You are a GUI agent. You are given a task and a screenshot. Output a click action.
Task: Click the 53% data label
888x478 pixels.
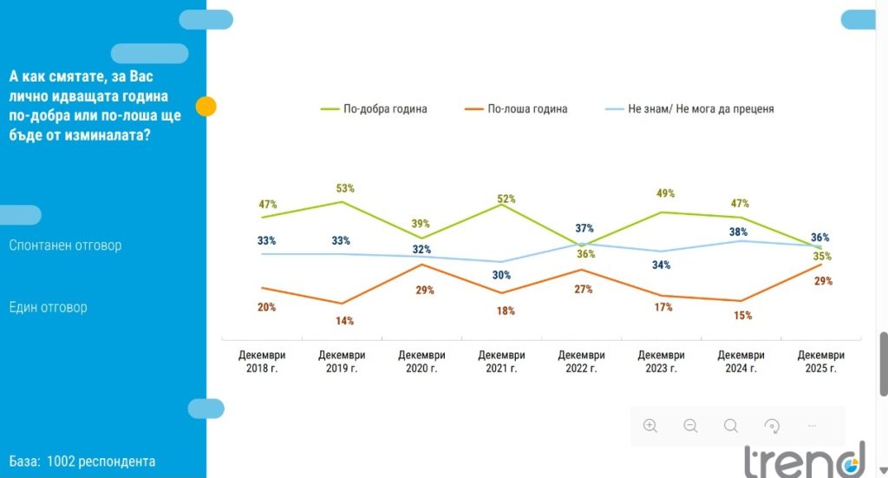pos(345,188)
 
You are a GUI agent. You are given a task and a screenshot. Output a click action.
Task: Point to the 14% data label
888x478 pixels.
pos(345,321)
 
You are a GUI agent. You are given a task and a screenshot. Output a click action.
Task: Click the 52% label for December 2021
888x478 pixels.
pos(506,199)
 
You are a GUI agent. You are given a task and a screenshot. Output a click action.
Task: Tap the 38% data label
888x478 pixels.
pos(738,232)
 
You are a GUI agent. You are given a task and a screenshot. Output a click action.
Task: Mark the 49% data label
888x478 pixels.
pos(665,193)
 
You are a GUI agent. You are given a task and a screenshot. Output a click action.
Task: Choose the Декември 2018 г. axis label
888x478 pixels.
pos(262,362)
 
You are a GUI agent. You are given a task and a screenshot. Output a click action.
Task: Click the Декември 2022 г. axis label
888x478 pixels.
pos(581,362)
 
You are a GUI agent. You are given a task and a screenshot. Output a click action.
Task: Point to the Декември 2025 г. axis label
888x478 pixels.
pos(820,362)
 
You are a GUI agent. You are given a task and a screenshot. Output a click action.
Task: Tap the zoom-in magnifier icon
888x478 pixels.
pos(650,425)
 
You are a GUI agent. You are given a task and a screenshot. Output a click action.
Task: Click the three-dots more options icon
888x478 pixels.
pos(812,425)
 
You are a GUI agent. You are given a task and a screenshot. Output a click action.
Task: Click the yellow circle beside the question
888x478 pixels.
pos(206,107)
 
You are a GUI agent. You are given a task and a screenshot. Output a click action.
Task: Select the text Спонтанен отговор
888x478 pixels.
pos(65,246)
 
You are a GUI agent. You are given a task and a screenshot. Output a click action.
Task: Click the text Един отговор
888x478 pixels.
pos(48,307)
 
